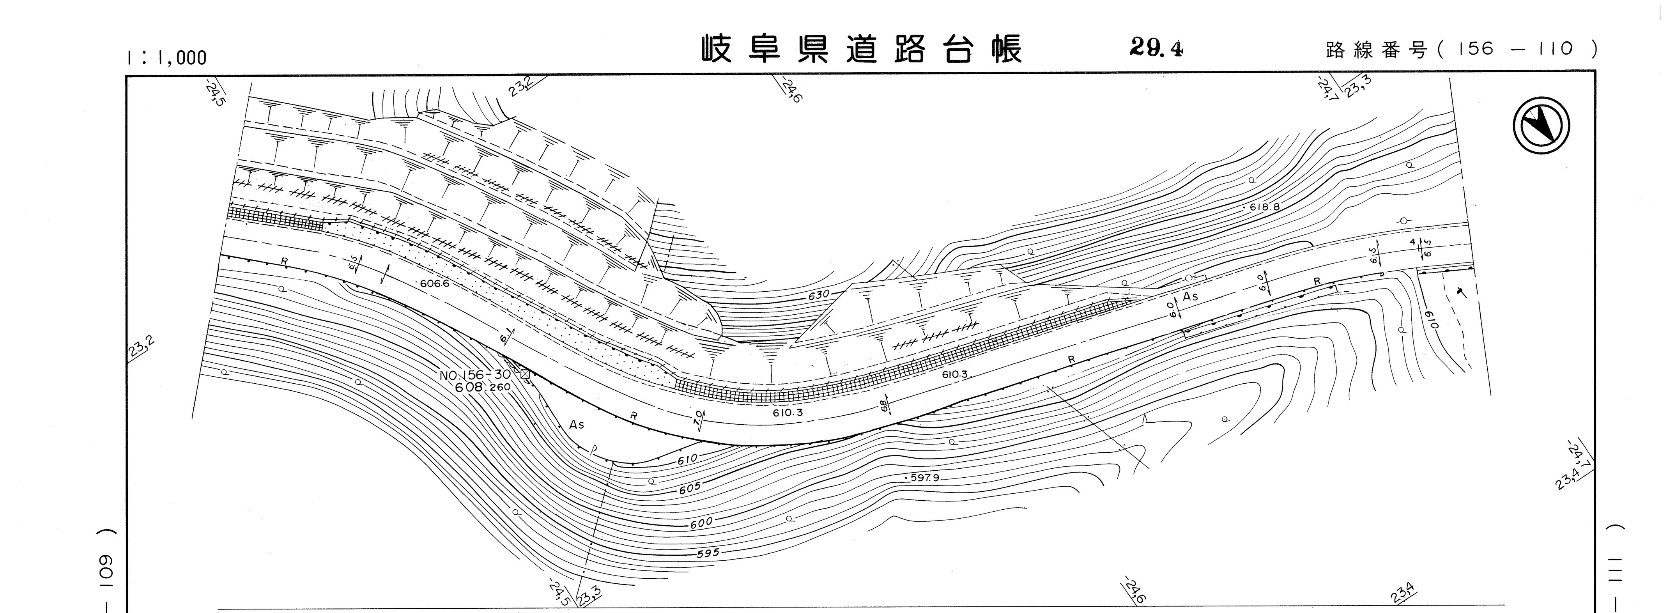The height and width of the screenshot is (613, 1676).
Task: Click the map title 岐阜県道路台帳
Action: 862,50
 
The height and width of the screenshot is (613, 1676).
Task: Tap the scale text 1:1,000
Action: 166,58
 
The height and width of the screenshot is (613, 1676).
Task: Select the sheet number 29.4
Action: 1156,48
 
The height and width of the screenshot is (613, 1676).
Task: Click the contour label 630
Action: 818,295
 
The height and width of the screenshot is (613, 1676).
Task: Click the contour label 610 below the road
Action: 687,459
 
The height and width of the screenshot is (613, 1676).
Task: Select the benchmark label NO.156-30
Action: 475,376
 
